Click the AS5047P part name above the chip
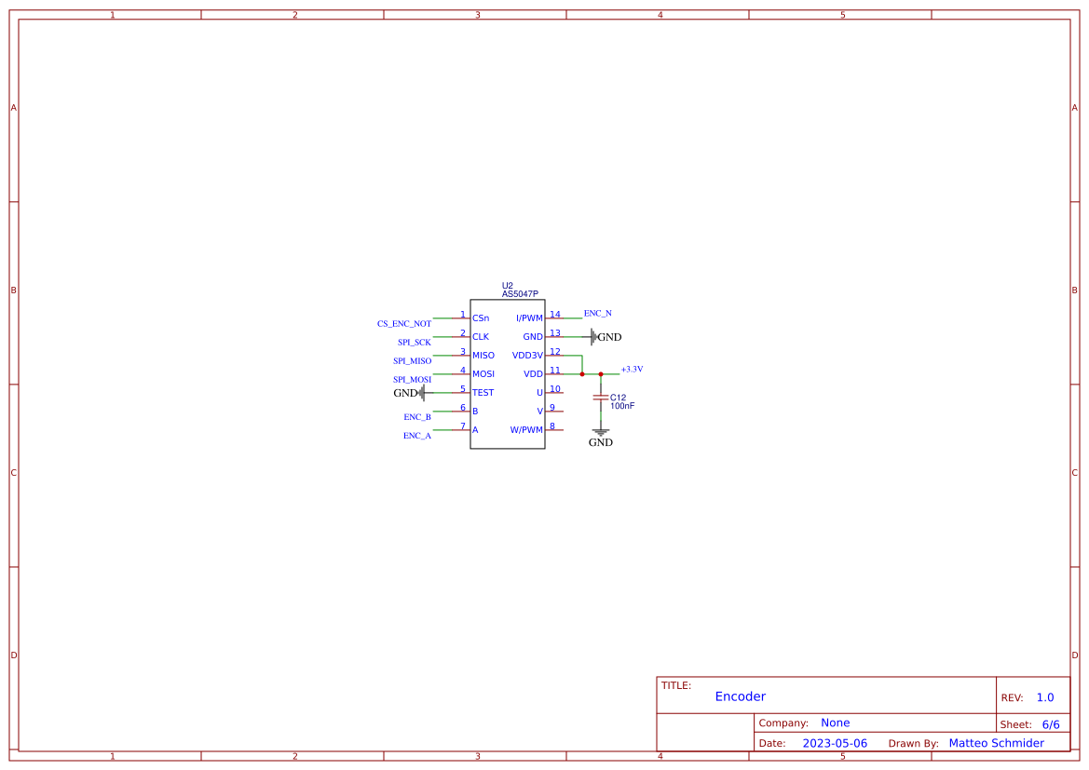pos(520,294)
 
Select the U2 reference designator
pos(507,286)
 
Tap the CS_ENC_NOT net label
pos(403,324)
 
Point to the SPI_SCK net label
pos(415,343)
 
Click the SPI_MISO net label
pos(412,361)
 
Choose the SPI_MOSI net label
pos(412,380)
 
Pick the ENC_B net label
pos(417,417)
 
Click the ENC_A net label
pos(417,436)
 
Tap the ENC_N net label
pos(597,313)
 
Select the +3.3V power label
pos(632,370)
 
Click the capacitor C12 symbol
pos(601,398)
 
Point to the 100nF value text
pos(622,406)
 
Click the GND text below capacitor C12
pos(601,443)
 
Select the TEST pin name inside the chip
pos(483,393)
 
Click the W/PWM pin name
pos(525,430)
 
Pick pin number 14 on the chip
pos(554,315)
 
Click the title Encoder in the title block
pos(741,696)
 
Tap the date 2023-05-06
pos(835,743)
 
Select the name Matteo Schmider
pos(996,743)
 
